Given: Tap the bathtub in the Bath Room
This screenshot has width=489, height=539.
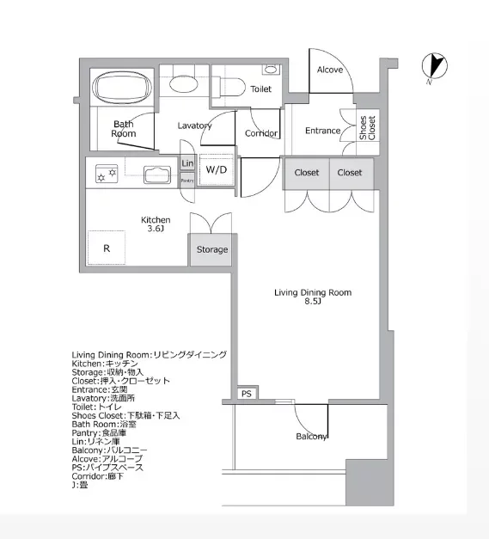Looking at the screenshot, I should (x=122, y=87).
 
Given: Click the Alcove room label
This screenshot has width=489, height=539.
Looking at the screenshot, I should (x=330, y=70).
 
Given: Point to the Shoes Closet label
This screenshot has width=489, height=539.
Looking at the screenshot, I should (x=368, y=128).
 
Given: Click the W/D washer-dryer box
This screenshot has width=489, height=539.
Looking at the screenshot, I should (x=216, y=169).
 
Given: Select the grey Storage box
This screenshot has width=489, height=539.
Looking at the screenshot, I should (x=211, y=249).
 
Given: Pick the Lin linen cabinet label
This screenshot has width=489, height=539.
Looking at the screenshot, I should (x=187, y=163).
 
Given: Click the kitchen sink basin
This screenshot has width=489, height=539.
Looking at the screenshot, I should (x=157, y=175).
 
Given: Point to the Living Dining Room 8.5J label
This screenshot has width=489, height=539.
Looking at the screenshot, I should (x=313, y=297).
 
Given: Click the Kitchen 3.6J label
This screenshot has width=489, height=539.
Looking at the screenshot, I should (x=156, y=224).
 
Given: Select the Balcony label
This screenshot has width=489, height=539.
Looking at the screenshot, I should (x=312, y=437).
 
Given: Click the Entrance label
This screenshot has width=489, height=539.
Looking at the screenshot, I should (x=322, y=131).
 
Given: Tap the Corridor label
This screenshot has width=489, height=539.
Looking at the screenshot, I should (x=260, y=133).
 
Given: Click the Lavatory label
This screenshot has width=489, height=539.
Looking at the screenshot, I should (x=194, y=126).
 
